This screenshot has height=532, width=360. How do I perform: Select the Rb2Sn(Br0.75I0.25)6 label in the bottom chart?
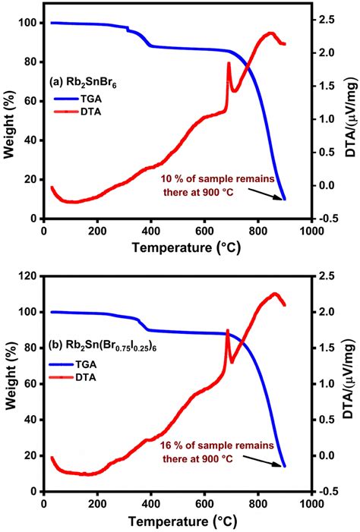(98, 349)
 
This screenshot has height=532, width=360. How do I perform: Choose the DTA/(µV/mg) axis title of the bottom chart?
(351, 383)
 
